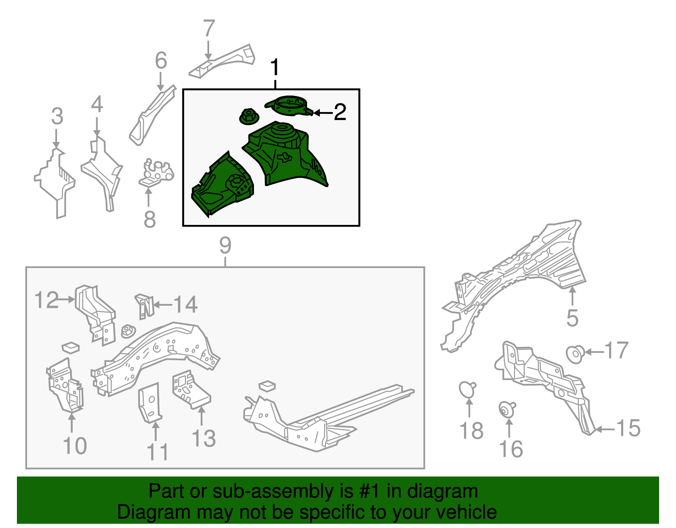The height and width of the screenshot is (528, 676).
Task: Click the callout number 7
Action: pyautogui.click(x=209, y=29)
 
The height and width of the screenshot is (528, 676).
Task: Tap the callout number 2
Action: pyautogui.click(x=340, y=112)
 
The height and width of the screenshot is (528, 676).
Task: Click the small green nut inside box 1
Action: pyautogui.click(x=248, y=117)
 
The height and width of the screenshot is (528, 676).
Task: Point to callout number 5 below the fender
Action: pyautogui.click(x=572, y=318)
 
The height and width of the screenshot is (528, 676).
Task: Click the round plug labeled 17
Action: pyautogui.click(x=575, y=353)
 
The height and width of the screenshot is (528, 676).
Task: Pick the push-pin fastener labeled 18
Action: pyautogui.click(x=467, y=389)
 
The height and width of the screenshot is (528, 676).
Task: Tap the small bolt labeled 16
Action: pyautogui.click(x=506, y=409)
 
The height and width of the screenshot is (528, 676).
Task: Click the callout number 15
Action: pyautogui.click(x=628, y=428)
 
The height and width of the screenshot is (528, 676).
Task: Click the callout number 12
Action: pyautogui.click(x=46, y=300)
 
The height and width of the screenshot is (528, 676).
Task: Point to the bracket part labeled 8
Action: pyautogui.click(x=156, y=172)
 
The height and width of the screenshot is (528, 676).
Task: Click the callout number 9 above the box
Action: pyautogui.click(x=225, y=246)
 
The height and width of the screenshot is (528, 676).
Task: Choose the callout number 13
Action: pyautogui.click(x=204, y=438)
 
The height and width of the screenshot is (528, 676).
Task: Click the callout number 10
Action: pyautogui.click(x=75, y=446)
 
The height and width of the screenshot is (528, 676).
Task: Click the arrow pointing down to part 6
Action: pyautogui.click(x=161, y=81)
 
